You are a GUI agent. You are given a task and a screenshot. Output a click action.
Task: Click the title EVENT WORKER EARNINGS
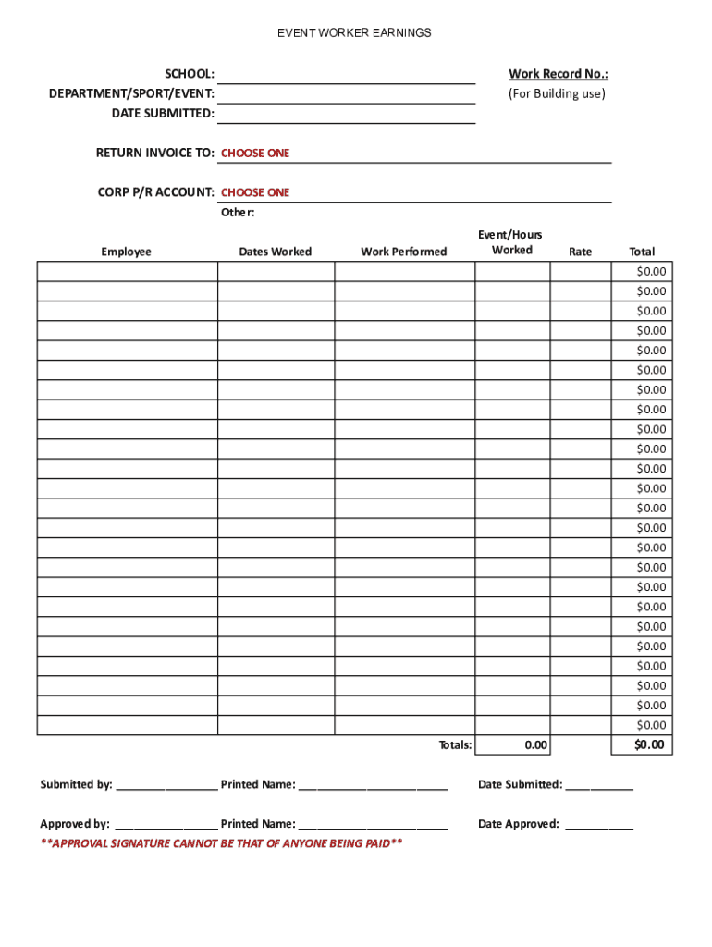[x=355, y=33]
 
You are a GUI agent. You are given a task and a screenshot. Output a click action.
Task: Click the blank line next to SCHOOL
[x=346, y=75]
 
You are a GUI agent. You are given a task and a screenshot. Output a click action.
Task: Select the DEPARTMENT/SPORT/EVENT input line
[x=346, y=94]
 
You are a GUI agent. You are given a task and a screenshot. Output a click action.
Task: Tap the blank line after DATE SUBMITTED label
[x=346, y=114]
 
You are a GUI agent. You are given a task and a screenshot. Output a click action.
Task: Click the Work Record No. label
[x=558, y=74]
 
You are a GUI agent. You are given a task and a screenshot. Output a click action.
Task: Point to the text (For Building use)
[x=557, y=93]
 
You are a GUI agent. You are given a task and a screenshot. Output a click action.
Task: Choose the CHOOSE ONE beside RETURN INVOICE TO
[x=255, y=154]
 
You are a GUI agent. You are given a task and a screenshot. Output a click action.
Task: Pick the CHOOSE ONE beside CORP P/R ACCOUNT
[x=255, y=192]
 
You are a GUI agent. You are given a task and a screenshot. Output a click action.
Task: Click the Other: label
[x=237, y=213]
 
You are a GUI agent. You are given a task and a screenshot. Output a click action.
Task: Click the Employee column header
[x=127, y=252]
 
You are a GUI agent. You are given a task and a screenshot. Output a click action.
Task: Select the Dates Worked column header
[x=276, y=252]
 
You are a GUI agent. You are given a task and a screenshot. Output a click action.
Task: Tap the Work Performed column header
[x=404, y=252]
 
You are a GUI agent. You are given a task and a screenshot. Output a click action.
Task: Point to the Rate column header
[x=580, y=252]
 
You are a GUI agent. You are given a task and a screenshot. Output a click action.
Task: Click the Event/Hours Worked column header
[x=511, y=242]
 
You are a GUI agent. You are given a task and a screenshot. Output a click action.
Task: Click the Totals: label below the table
[x=455, y=745]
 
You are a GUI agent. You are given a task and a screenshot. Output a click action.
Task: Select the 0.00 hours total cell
[x=535, y=745]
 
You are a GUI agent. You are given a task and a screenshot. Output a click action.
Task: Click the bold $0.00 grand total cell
[x=649, y=745]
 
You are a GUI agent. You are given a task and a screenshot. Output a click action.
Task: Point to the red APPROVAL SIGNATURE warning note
[x=221, y=843]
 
